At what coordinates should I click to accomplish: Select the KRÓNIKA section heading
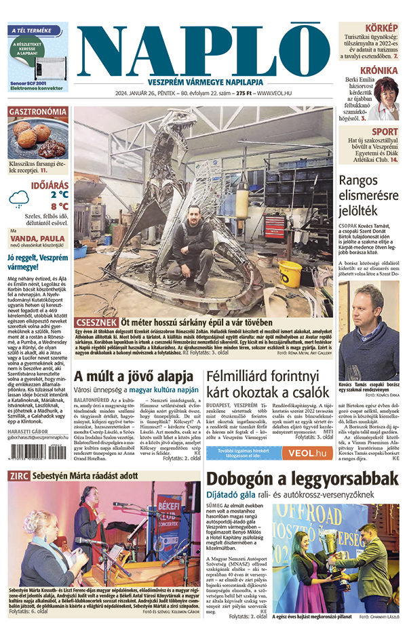[379, 71]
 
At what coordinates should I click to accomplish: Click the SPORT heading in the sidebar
[385, 132]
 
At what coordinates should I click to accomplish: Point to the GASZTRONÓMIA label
[37, 112]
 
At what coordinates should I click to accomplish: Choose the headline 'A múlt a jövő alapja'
[134, 376]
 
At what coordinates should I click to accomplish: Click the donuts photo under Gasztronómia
[37, 138]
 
